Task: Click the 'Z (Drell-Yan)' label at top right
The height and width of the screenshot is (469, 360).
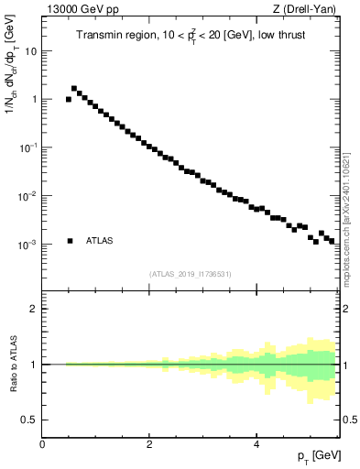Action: pyautogui.click(x=309, y=9)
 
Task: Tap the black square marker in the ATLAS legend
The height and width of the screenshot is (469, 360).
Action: pyautogui.click(x=71, y=241)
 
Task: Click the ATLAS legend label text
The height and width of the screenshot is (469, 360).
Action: pyautogui.click(x=101, y=241)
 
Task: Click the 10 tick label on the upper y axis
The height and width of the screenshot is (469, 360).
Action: pyautogui.click(x=30, y=51)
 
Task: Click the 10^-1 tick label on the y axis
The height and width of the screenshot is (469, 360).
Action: pyautogui.click(x=28, y=148)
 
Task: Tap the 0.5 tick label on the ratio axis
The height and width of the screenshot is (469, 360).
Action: pyautogui.click(x=29, y=420)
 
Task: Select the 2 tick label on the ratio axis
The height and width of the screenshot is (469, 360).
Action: pyautogui.click(x=34, y=309)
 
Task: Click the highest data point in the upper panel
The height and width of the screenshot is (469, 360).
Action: pyautogui.click(x=74, y=89)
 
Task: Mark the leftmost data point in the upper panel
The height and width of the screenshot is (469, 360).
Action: pyautogui.click(x=69, y=99)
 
